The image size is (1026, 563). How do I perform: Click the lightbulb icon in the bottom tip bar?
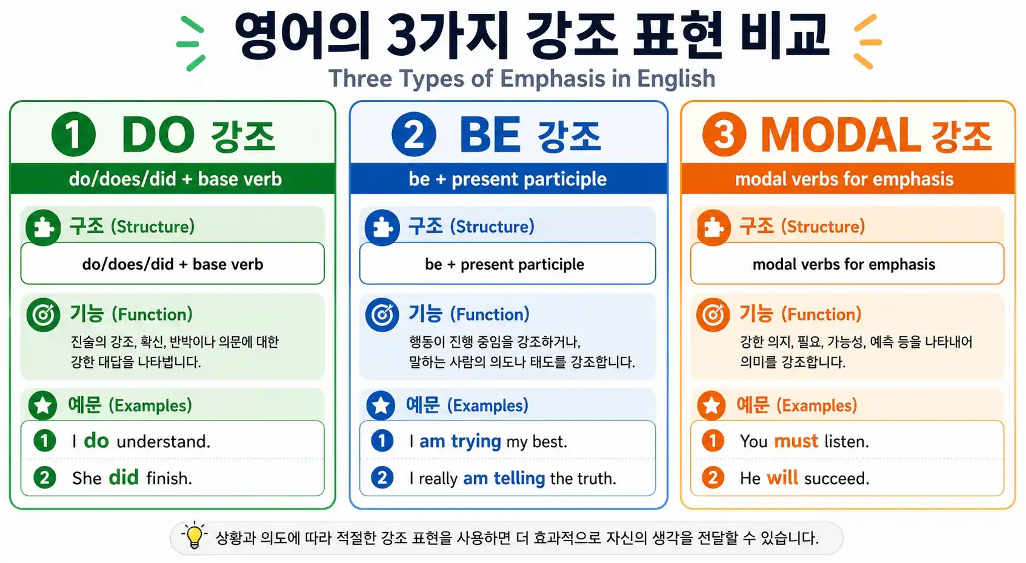[194, 536]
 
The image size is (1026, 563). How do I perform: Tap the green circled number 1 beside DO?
[73, 134]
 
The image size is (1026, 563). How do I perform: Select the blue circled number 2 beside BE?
[413, 134]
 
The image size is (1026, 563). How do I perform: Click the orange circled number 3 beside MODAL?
[724, 134]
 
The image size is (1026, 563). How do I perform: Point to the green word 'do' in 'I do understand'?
[96, 441]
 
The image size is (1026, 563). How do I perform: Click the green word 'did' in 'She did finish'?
[124, 478]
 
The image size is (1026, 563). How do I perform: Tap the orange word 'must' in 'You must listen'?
[796, 441]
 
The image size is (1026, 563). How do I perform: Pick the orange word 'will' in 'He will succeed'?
[782, 478]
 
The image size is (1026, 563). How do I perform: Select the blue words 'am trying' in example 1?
[460, 441]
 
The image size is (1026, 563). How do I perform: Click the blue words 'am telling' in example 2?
[504, 478]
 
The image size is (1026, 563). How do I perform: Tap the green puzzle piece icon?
[43, 228]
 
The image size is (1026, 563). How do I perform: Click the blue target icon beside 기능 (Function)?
[382, 315]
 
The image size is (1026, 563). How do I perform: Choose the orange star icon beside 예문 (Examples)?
[712, 405]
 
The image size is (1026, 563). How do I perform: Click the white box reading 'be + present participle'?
[507, 264]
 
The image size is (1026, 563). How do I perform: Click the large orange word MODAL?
[841, 135]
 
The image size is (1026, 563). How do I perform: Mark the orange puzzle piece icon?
[713, 228]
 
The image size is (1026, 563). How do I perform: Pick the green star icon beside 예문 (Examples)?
[43, 405]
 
